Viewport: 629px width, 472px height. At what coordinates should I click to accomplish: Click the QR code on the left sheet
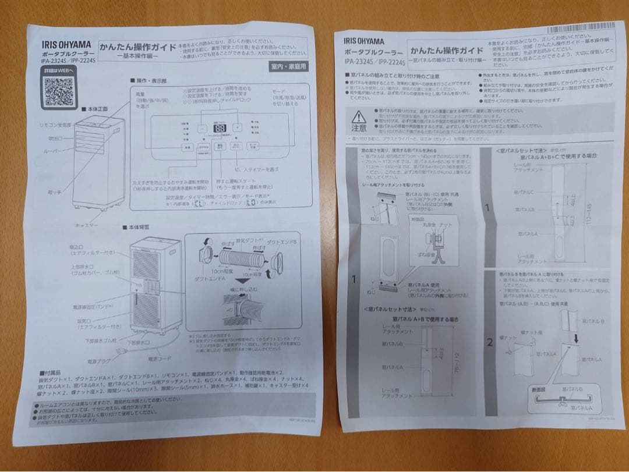click(x=59, y=90)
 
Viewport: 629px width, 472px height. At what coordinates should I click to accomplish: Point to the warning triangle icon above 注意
click(x=359, y=116)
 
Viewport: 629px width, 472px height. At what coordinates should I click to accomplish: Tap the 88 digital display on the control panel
click(x=220, y=129)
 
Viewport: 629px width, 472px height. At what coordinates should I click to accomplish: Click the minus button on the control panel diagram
click(x=201, y=128)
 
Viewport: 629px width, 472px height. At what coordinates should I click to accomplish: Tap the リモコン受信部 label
click(x=54, y=125)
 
